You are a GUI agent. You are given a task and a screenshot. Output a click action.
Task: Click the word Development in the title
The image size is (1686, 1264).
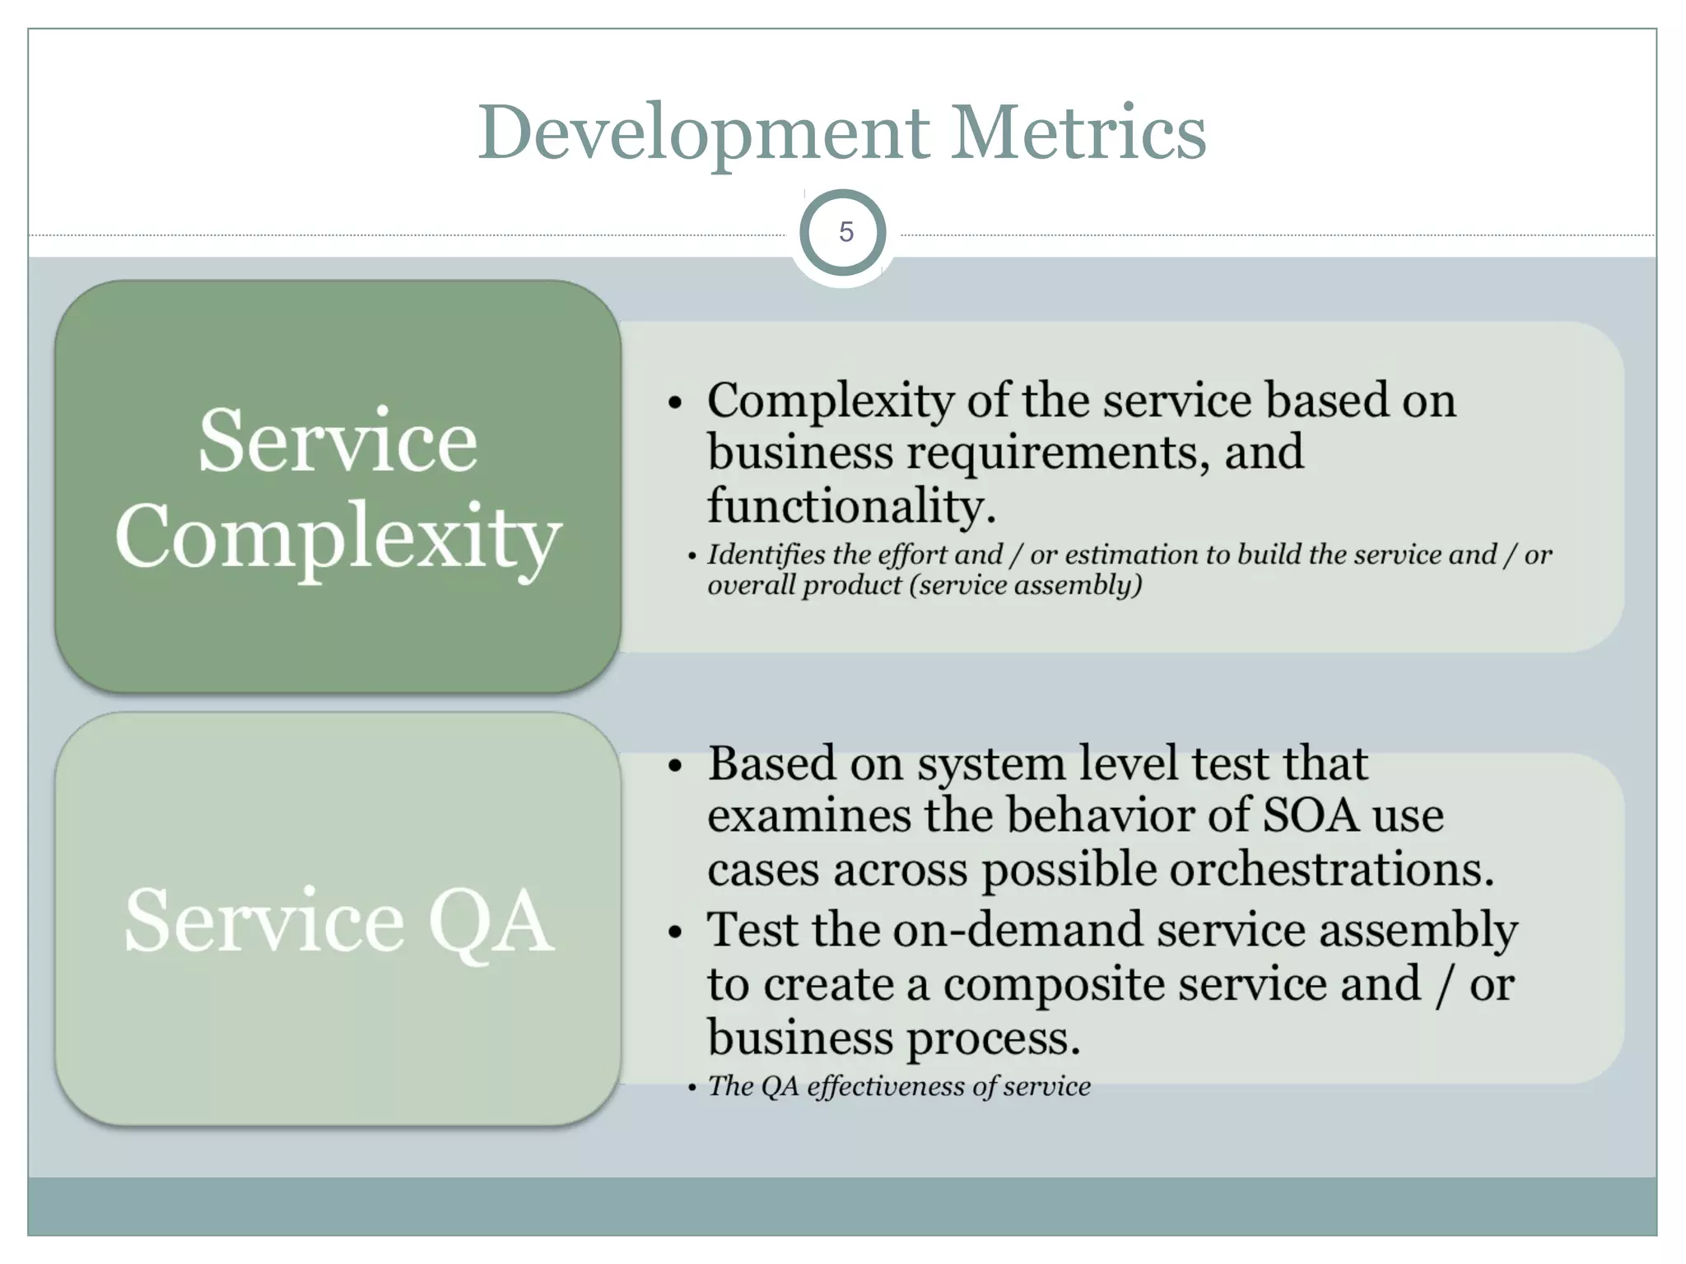704,133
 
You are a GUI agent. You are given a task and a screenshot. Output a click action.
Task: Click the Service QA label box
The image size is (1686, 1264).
338,920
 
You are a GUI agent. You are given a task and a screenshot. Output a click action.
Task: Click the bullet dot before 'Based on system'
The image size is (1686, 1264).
676,766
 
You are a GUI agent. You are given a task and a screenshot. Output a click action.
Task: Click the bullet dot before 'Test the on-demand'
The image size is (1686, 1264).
676,933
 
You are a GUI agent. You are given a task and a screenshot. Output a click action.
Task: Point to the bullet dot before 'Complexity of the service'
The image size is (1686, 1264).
676,403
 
